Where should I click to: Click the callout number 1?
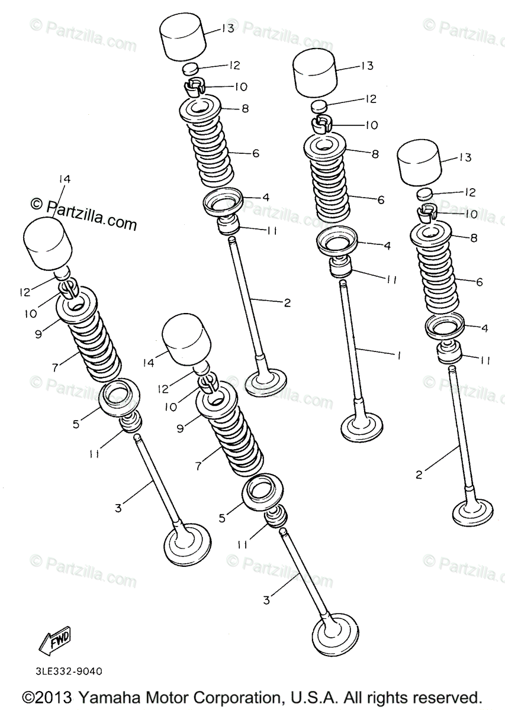click(399, 356)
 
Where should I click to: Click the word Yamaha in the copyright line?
click(98, 696)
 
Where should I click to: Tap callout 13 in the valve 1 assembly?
click(367, 66)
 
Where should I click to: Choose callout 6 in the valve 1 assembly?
click(380, 201)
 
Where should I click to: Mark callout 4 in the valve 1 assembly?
click(386, 244)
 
